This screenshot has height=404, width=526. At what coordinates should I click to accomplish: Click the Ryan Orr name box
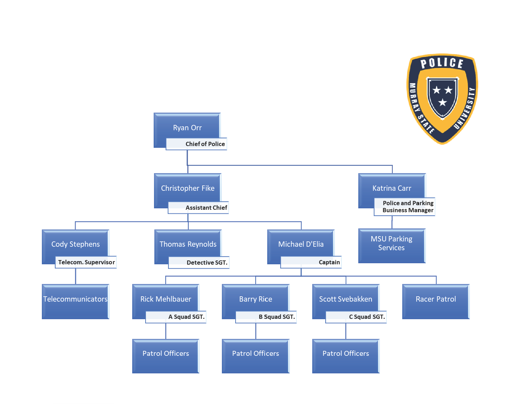[x=187, y=127]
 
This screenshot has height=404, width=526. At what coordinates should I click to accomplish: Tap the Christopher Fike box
[x=187, y=188]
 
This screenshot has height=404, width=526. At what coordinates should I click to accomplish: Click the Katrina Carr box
[x=392, y=188]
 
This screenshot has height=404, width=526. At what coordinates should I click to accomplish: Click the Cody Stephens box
[x=75, y=244]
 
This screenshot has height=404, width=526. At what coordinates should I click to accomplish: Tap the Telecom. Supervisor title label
[x=86, y=262]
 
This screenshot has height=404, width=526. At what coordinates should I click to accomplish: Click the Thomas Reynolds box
[x=188, y=244]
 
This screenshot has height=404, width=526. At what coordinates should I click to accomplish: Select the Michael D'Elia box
[x=301, y=244]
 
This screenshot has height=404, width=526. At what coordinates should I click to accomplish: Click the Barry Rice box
[x=256, y=299]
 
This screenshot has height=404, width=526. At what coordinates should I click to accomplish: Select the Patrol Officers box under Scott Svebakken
[x=346, y=355]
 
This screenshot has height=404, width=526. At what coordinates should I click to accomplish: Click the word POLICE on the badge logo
[x=442, y=63]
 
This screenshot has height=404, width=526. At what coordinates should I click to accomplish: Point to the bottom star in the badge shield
[x=442, y=102]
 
